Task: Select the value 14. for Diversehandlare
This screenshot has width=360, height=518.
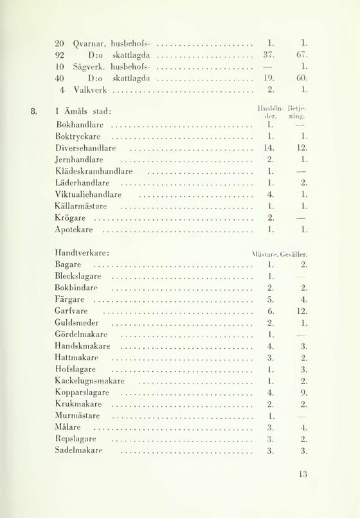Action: tap(270, 149)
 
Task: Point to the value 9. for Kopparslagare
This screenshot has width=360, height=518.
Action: tap(304, 393)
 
